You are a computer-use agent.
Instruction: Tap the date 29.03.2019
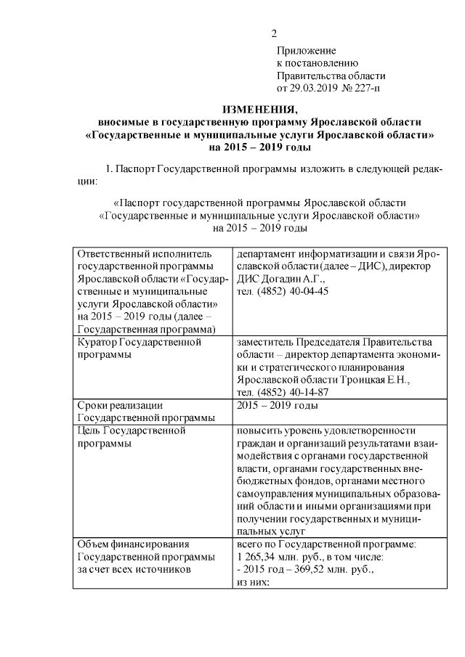point(316,89)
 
